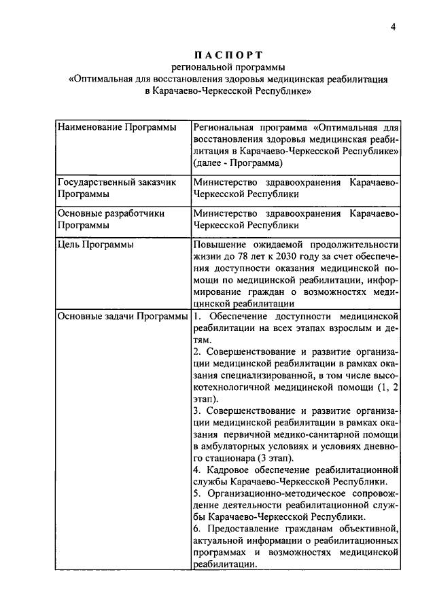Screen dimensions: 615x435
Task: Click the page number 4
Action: [x=393, y=27]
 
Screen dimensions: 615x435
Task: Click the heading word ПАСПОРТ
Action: [x=228, y=54]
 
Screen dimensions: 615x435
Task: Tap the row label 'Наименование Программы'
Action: [x=113, y=127]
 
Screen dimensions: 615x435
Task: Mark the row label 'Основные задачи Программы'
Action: [x=123, y=316]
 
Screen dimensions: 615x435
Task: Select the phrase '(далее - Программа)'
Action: [x=238, y=163]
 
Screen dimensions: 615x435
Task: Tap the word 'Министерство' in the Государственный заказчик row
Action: [x=224, y=182]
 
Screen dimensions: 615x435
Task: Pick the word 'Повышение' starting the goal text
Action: [x=218, y=245]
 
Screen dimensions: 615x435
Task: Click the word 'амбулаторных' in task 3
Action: [x=232, y=446]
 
